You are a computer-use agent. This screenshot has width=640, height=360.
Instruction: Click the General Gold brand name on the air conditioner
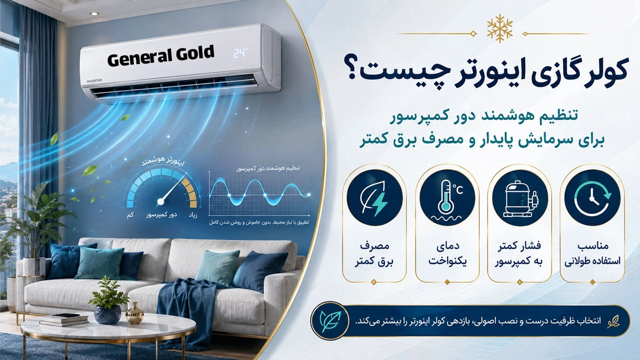(x=161, y=56)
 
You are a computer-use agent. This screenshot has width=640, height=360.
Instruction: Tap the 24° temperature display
(x=241, y=53)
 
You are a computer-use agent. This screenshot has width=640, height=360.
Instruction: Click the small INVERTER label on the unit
(x=94, y=81)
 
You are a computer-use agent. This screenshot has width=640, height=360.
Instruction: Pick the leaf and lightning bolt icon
(x=374, y=198)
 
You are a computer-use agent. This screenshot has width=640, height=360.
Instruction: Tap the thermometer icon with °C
(x=447, y=198)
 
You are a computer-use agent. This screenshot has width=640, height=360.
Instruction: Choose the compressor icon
(x=520, y=198)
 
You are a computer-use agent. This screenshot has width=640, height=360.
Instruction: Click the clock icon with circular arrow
(x=593, y=198)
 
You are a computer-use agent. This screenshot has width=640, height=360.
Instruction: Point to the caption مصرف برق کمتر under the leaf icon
(x=374, y=254)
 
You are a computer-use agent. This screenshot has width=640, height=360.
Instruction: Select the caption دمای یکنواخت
(x=447, y=254)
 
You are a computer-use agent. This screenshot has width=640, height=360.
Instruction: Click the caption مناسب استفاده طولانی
(x=593, y=254)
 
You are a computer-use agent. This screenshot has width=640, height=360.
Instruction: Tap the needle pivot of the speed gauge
(x=161, y=202)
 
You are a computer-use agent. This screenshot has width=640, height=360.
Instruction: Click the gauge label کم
(x=130, y=214)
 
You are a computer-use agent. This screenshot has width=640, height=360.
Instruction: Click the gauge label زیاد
(x=193, y=214)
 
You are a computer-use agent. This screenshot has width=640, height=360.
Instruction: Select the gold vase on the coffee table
(x=134, y=313)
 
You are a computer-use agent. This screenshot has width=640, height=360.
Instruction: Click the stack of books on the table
(x=64, y=319)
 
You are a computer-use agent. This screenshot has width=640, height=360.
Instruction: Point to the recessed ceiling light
(x=94, y=14)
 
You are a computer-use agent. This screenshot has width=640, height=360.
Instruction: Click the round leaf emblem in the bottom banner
(x=331, y=321)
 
